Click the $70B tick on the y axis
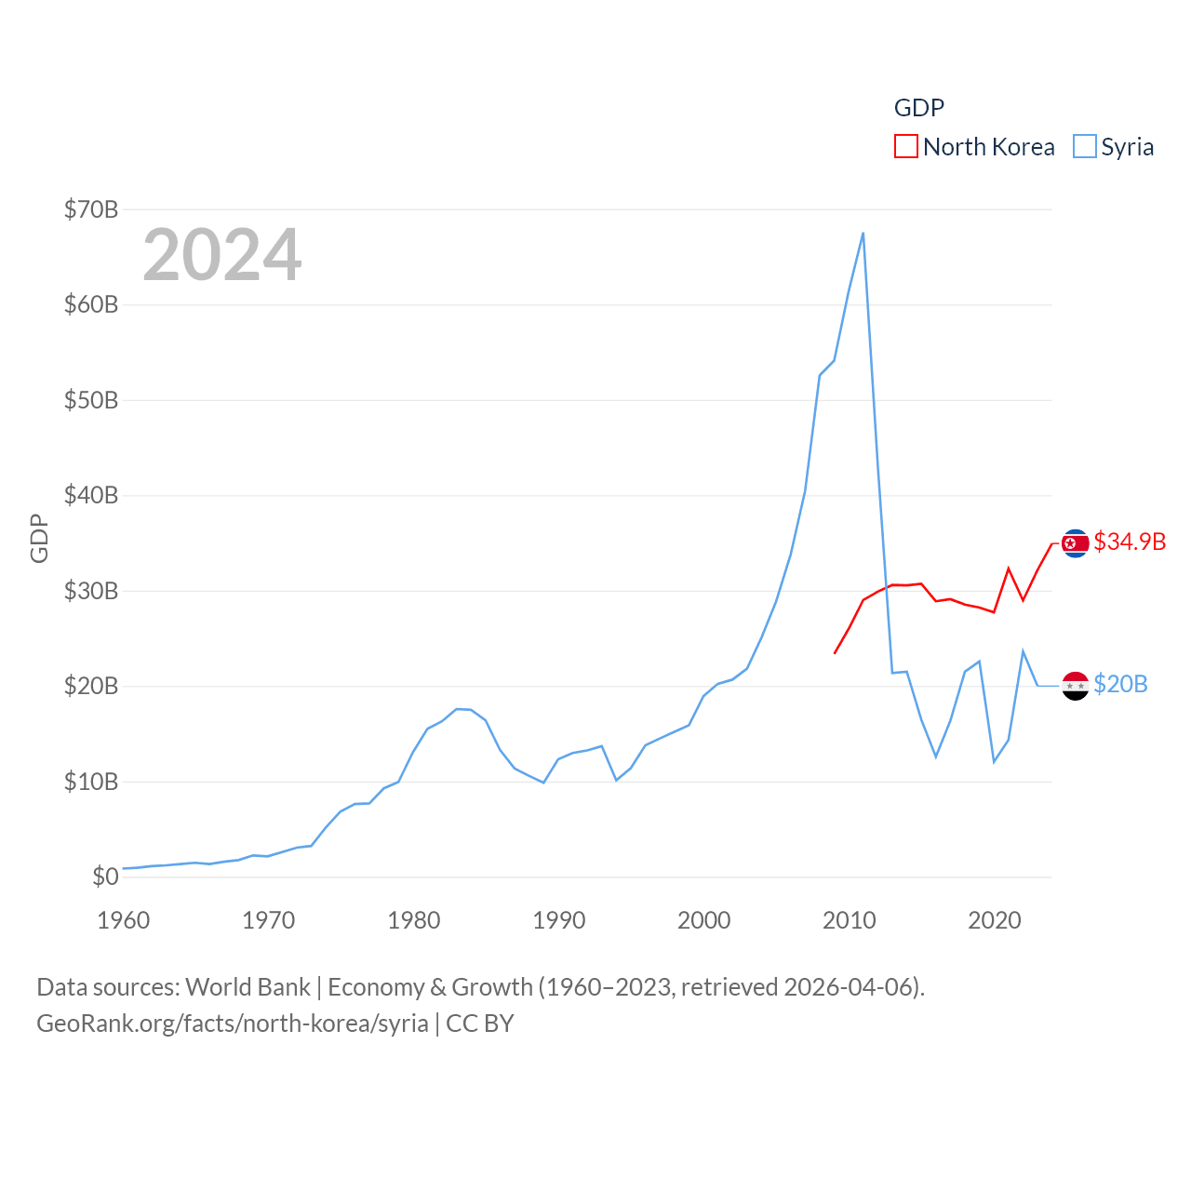pos(91,209)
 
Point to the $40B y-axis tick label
pos(91,495)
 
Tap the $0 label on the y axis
pos(105,877)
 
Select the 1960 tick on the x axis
pos(124,920)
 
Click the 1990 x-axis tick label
pos(559,920)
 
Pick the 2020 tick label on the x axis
pos(995,920)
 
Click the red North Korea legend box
pos(906,147)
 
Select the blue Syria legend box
pos(1085,147)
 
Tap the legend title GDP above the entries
pos(919,108)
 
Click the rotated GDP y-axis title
pos(39,538)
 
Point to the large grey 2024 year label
pos(222,255)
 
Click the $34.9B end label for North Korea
pos(1130,542)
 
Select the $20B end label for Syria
pos(1120,684)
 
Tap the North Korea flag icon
pos(1076,542)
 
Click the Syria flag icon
pos(1076,686)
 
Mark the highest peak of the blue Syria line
pos(863,234)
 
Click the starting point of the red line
pos(835,653)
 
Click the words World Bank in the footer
pos(248,986)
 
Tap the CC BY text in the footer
pos(480,1024)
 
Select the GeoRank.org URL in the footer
pos(233,1024)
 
